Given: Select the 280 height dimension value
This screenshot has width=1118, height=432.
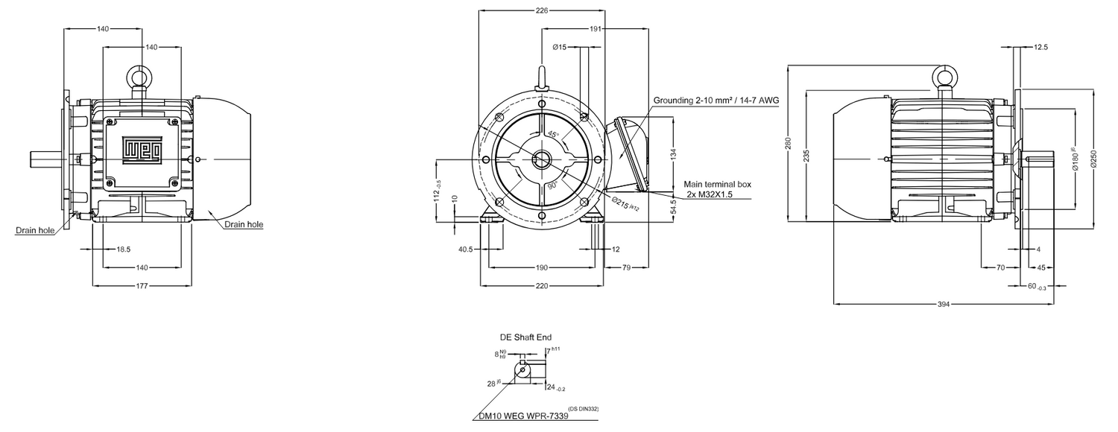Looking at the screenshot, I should click(789, 143).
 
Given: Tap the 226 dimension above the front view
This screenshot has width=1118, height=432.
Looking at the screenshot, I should click(542, 10).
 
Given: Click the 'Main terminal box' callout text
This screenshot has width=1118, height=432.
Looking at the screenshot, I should click(718, 183).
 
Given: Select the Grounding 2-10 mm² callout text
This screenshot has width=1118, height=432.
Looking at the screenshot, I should click(716, 100).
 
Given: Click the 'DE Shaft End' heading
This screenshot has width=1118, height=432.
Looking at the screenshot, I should click(525, 337).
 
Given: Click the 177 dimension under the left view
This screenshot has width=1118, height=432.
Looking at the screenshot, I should click(142, 285).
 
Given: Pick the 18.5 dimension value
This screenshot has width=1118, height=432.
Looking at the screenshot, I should click(123, 249).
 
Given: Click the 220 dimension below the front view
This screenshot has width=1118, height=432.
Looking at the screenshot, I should click(542, 285).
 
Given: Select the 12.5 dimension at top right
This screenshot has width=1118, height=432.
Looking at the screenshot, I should click(1041, 47).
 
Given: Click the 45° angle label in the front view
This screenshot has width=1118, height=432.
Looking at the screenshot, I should click(552, 134).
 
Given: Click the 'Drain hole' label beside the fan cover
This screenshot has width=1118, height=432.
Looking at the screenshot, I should click(243, 223).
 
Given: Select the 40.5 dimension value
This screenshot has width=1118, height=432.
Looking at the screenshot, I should click(465, 249).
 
